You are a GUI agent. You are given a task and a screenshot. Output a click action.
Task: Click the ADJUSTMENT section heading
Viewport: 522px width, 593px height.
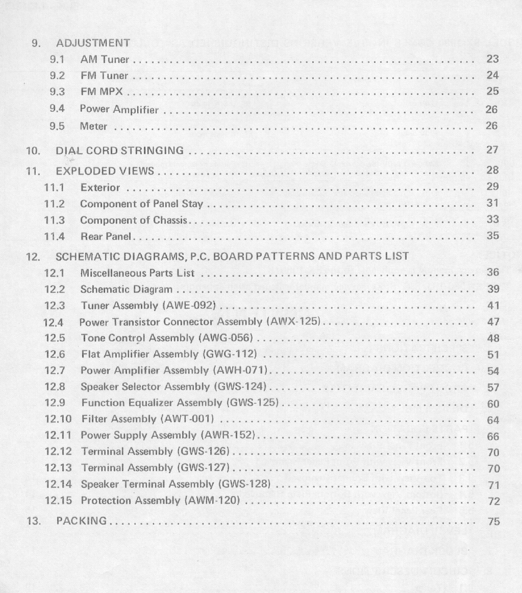(93, 43)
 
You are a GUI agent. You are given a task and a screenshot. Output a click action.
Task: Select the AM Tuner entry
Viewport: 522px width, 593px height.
(105, 60)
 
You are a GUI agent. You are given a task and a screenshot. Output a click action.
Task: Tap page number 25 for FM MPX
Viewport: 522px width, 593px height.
(492, 92)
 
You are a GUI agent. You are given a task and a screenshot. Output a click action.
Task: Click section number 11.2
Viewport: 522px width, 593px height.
(54, 204)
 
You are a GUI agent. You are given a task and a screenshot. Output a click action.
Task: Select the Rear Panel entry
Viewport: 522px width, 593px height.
(106, 237)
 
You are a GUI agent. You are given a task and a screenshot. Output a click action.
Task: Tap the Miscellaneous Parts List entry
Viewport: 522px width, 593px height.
(137, 273)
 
